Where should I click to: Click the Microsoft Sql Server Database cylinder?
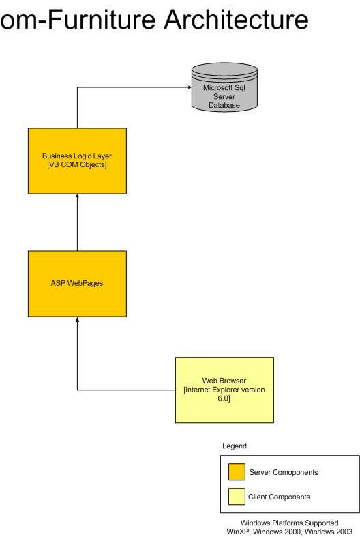coord(224,87)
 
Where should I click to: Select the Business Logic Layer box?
coord(77,161)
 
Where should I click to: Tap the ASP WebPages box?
coord(77,284)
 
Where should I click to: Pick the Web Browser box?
coord(224,390)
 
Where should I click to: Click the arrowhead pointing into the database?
coord(190,87)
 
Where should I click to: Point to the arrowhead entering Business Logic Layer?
coord(77,196)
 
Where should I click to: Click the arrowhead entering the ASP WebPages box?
coord(77,319)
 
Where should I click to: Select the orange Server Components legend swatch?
coord(237,472)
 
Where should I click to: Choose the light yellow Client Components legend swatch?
coord(237,497)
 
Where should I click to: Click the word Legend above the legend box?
coord(235,446)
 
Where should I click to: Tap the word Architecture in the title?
coord(237,19)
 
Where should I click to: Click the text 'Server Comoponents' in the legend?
coord(284,472)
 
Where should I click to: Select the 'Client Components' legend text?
coord(279,497)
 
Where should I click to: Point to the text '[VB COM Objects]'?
coord(77,164)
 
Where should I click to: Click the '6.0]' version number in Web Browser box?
coord(224,398)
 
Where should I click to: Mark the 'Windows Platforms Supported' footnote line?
coord(290,523)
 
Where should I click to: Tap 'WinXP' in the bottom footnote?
coord(238,532)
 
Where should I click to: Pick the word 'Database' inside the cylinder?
coord(224,105)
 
